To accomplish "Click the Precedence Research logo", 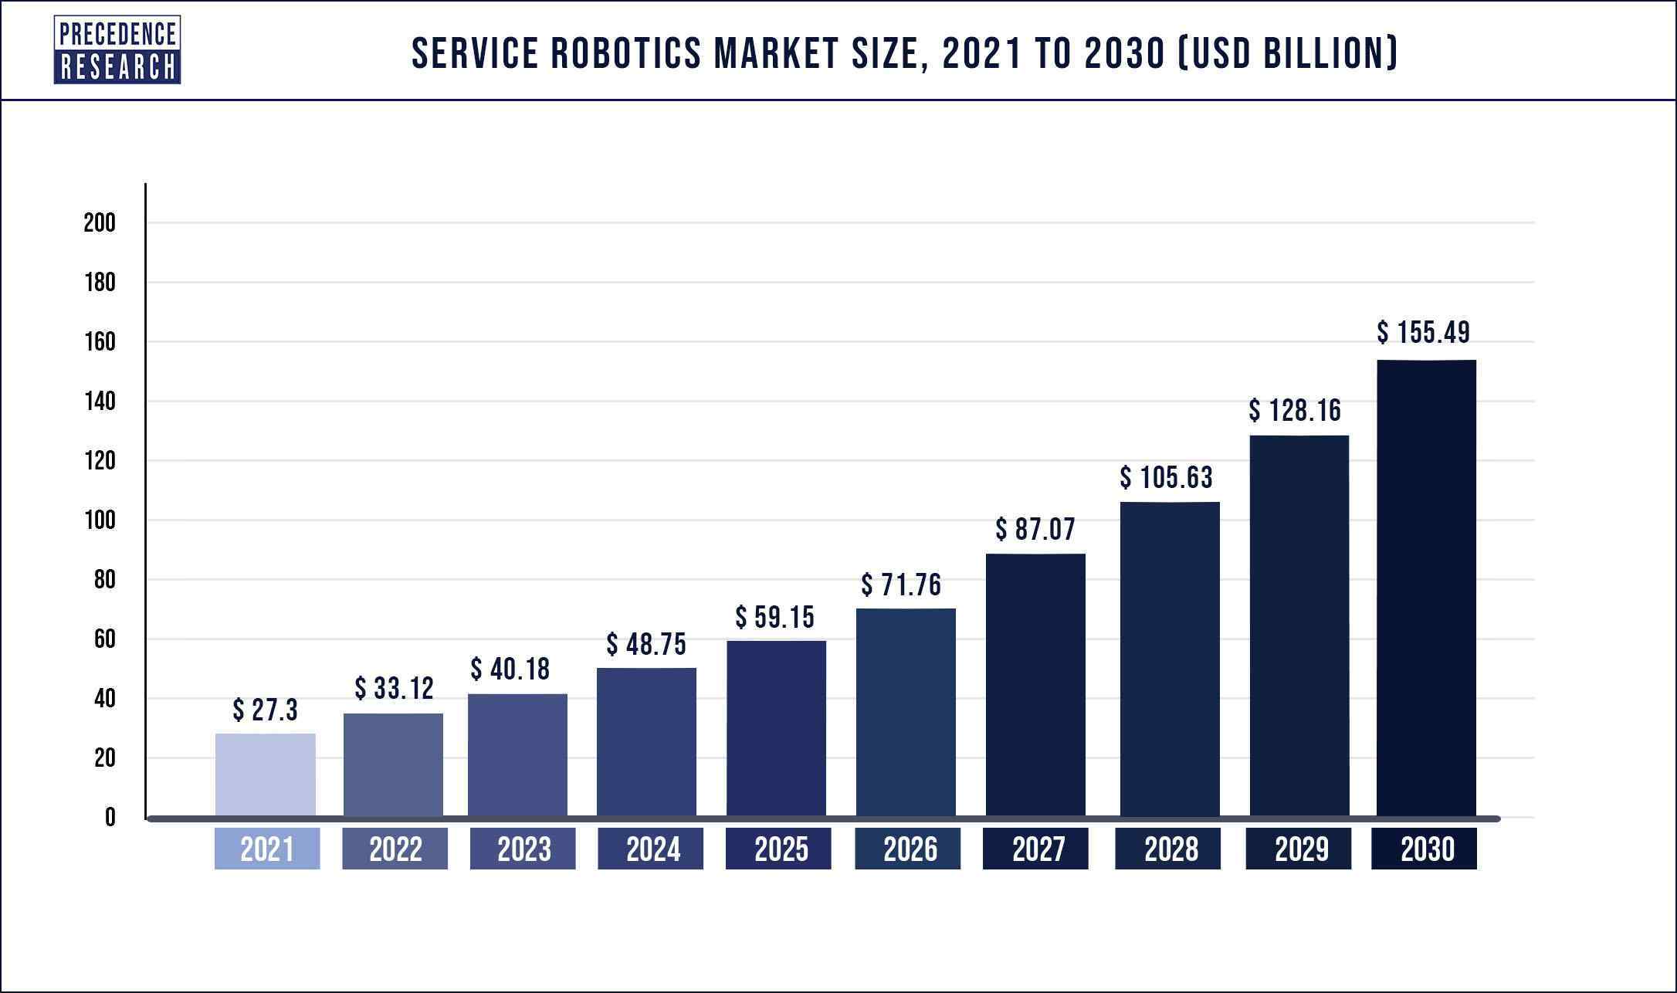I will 117,50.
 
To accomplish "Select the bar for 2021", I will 266,774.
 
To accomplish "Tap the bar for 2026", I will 906,712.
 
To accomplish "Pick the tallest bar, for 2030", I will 1426,588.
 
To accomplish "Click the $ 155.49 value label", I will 1423,333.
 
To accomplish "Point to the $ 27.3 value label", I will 265,710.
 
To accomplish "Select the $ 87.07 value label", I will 1035,530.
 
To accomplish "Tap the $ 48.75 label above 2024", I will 646,644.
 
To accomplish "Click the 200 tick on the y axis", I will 100,223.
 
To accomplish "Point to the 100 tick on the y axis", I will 100,520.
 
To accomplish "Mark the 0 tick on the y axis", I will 110,818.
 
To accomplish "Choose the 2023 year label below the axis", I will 523,849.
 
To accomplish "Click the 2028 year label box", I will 1171,849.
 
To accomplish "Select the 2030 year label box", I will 1426,849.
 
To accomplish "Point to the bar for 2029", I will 1299,625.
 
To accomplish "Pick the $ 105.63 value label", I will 1166,478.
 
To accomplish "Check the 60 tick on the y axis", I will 104,639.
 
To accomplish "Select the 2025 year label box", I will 781,849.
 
